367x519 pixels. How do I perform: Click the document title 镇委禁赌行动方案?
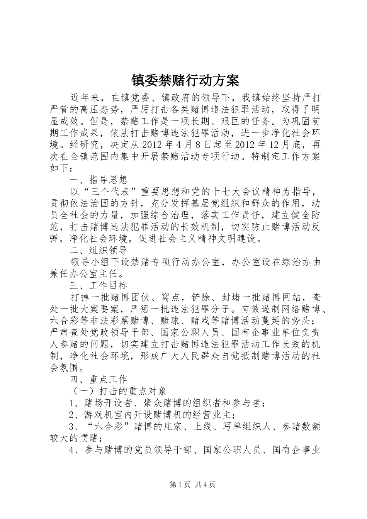pos(183,80)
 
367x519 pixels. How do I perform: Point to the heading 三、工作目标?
pos(99,286)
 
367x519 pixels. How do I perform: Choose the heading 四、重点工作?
pos(99,380)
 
